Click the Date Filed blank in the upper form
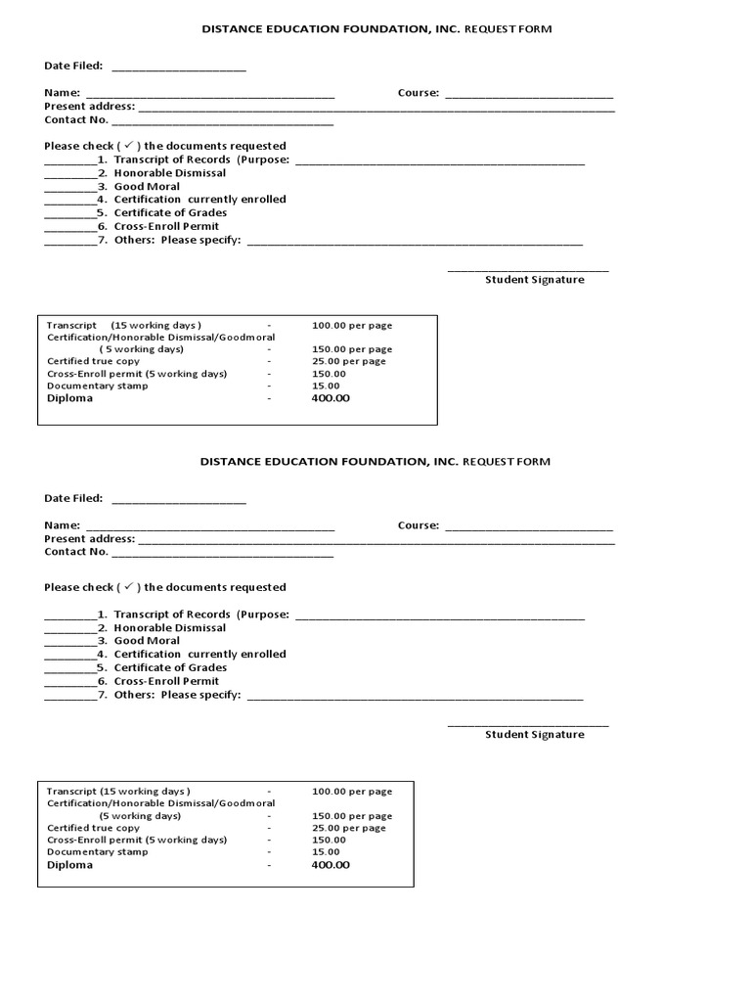point(179,68)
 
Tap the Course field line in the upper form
point(529,96)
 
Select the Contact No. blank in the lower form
point(222,555)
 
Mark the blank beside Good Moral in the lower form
point(70,644)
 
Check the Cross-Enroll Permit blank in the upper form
point(70,229)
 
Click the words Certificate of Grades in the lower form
point(170,667)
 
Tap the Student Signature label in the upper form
point(535,280)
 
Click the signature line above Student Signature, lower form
point(528,725)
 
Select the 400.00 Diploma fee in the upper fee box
point(331,398)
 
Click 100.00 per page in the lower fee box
point(352,792)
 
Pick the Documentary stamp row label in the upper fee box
point(98,386)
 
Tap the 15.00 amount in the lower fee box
point(327,852)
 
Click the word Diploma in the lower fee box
point(70,865)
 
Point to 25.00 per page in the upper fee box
point(349,361)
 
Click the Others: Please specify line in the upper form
point(415,243)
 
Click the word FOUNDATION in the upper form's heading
point(376,29)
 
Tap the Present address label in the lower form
point(89,538)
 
